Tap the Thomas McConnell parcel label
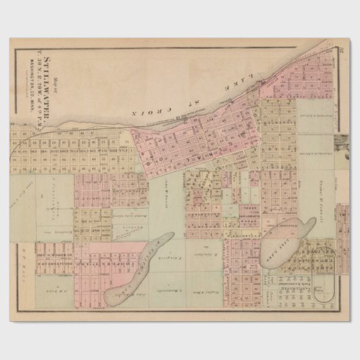click(322, 187)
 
